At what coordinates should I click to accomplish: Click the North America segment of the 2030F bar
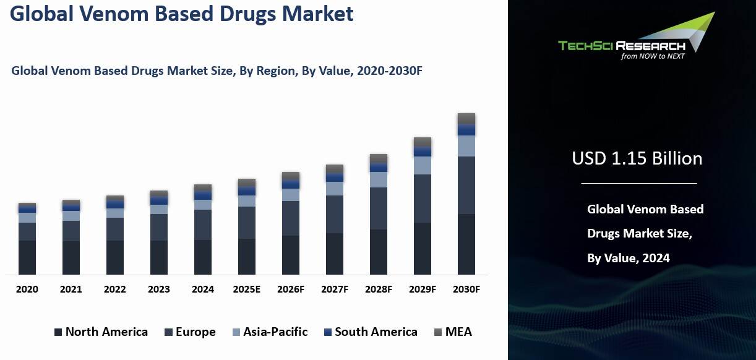pyautogui.click(x=466, y=244)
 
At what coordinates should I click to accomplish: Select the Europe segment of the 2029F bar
pyautogui.click(x=423, y=199)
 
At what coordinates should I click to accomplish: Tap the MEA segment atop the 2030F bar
pyautogui.click(x=466, y=119)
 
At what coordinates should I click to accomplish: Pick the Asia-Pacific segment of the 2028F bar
pyautogui.click(x=379, y=179)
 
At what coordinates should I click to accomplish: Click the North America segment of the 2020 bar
pyautogui.click(x=27, y=257)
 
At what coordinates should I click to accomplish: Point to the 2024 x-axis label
pyautogui.click(x=203, y=289)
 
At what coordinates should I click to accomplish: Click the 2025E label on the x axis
pyautogui.click(x=247, y=289)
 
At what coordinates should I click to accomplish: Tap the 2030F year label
pyautogui.click(x=466, y=289)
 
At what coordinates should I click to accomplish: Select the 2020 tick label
pyautogui.click(x=27, y=289)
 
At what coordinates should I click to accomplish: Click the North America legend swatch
pyautogui.click(x=58, y=332)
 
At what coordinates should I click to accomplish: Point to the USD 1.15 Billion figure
pyautogui.click(x=637, y=158)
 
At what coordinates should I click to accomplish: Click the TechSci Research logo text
pyautogui.click(x=621, y=46)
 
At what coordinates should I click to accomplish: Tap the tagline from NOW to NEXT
pyautogui.click(x=653, y=56)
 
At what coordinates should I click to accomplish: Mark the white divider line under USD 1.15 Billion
pyautogui.click(x=638, y=183)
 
